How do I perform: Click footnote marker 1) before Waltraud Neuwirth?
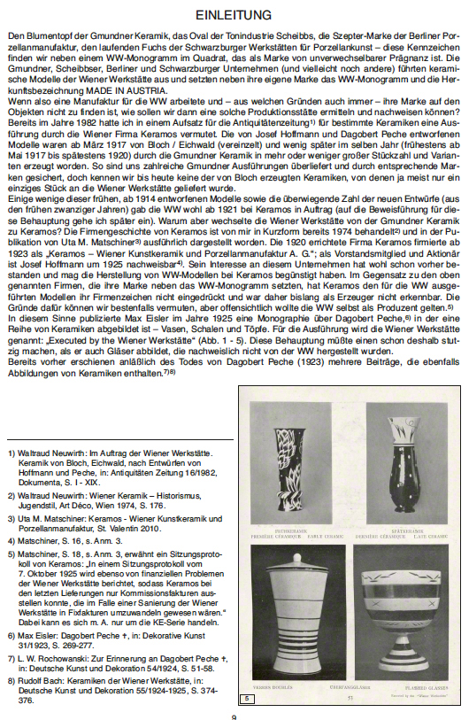pyautogui.click(x=10, y=453)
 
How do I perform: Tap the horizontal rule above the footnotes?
pyautogui.click(x=119, y=438)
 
